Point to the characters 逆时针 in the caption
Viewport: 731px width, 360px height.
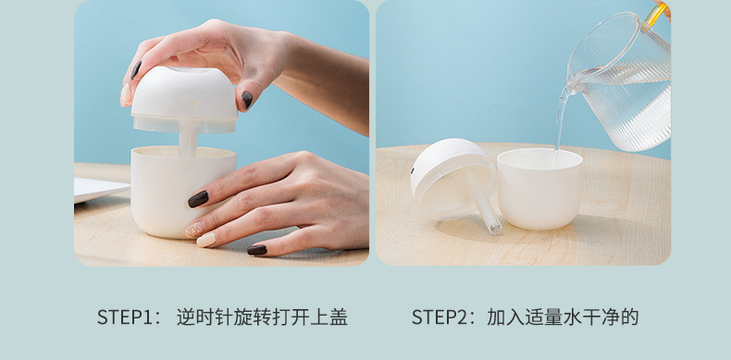pyautogui.click(x=204, y=317)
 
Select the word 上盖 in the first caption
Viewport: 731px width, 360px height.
pyautogui.click(x=329, y=317)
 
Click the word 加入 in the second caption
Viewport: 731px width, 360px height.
pyautogui.click(x=506, y=317)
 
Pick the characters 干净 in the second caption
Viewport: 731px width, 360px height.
pyautogui.click(x=601, y=317)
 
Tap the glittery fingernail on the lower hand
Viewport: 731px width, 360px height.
pyautogui.click(x=194, y=230)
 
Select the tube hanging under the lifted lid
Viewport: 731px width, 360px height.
pyautogui.click(x=188, y=143)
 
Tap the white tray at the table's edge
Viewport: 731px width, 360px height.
pyautogui.click(x=101, y=189)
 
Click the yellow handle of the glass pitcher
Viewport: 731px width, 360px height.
pyautogui.click(x=656, y=14)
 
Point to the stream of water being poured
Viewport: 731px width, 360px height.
pyautogui.click(x=561, y=117)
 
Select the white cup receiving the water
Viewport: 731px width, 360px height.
pyautogui.click(x=539, y=189)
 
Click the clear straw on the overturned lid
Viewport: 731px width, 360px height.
pyautogui.click(x=483, y=202)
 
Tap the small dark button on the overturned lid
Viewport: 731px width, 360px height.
pyautogui.click(x=412, y=170)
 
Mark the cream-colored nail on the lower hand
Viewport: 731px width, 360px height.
pyautogui.click(x=206, y=240)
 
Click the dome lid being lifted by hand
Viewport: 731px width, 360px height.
pyautogui.click(x=185, y=100)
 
